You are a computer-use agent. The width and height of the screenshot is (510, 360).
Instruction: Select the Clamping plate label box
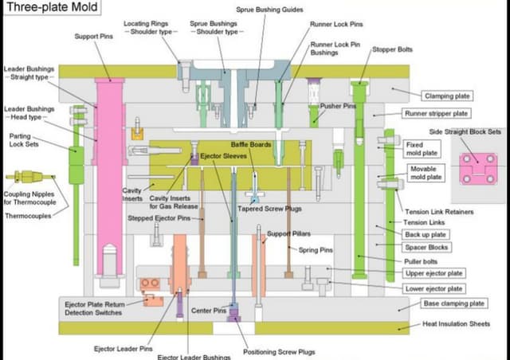tap(448, 95)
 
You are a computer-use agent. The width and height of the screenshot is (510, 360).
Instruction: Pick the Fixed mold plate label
tap(423, 148)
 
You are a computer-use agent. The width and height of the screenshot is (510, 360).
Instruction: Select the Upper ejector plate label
tap(433, 273)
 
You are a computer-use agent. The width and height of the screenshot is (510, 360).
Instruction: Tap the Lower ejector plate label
tap(433, 288)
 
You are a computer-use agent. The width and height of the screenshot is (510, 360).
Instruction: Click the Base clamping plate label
tap(453, 303)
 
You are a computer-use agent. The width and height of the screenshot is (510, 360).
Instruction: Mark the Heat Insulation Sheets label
tap(456, 325)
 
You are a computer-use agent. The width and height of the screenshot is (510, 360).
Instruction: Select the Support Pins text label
tap(93, 37)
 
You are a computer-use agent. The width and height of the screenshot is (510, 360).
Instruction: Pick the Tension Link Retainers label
tap(439, 212)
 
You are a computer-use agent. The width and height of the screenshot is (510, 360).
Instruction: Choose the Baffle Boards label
tap(251, 144)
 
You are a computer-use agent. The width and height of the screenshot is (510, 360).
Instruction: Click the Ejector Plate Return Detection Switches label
tap(93, 308)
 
